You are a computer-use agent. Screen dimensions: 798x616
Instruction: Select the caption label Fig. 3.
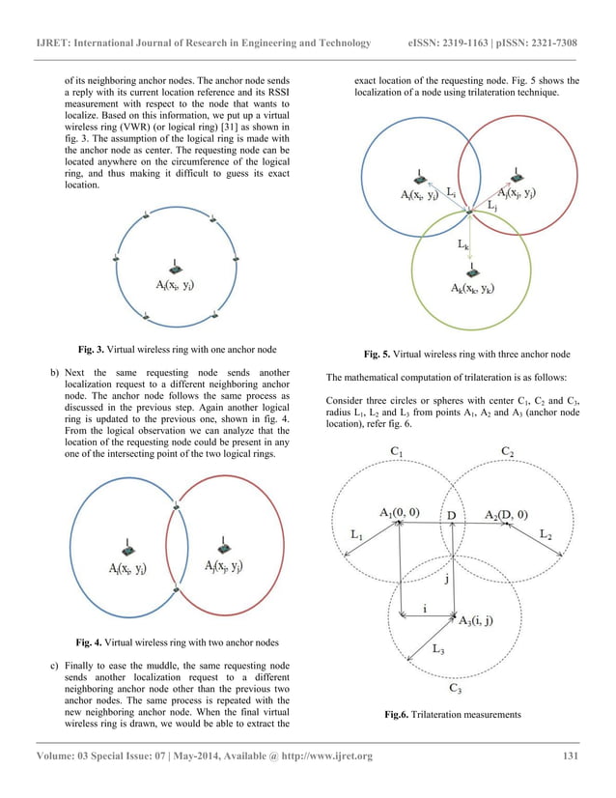point(95,347)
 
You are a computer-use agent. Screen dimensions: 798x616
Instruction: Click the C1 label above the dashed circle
point(396,451)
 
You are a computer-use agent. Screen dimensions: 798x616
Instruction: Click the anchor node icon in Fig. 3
point(175,267)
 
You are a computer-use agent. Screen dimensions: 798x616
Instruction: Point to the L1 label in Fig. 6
point(356,534)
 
